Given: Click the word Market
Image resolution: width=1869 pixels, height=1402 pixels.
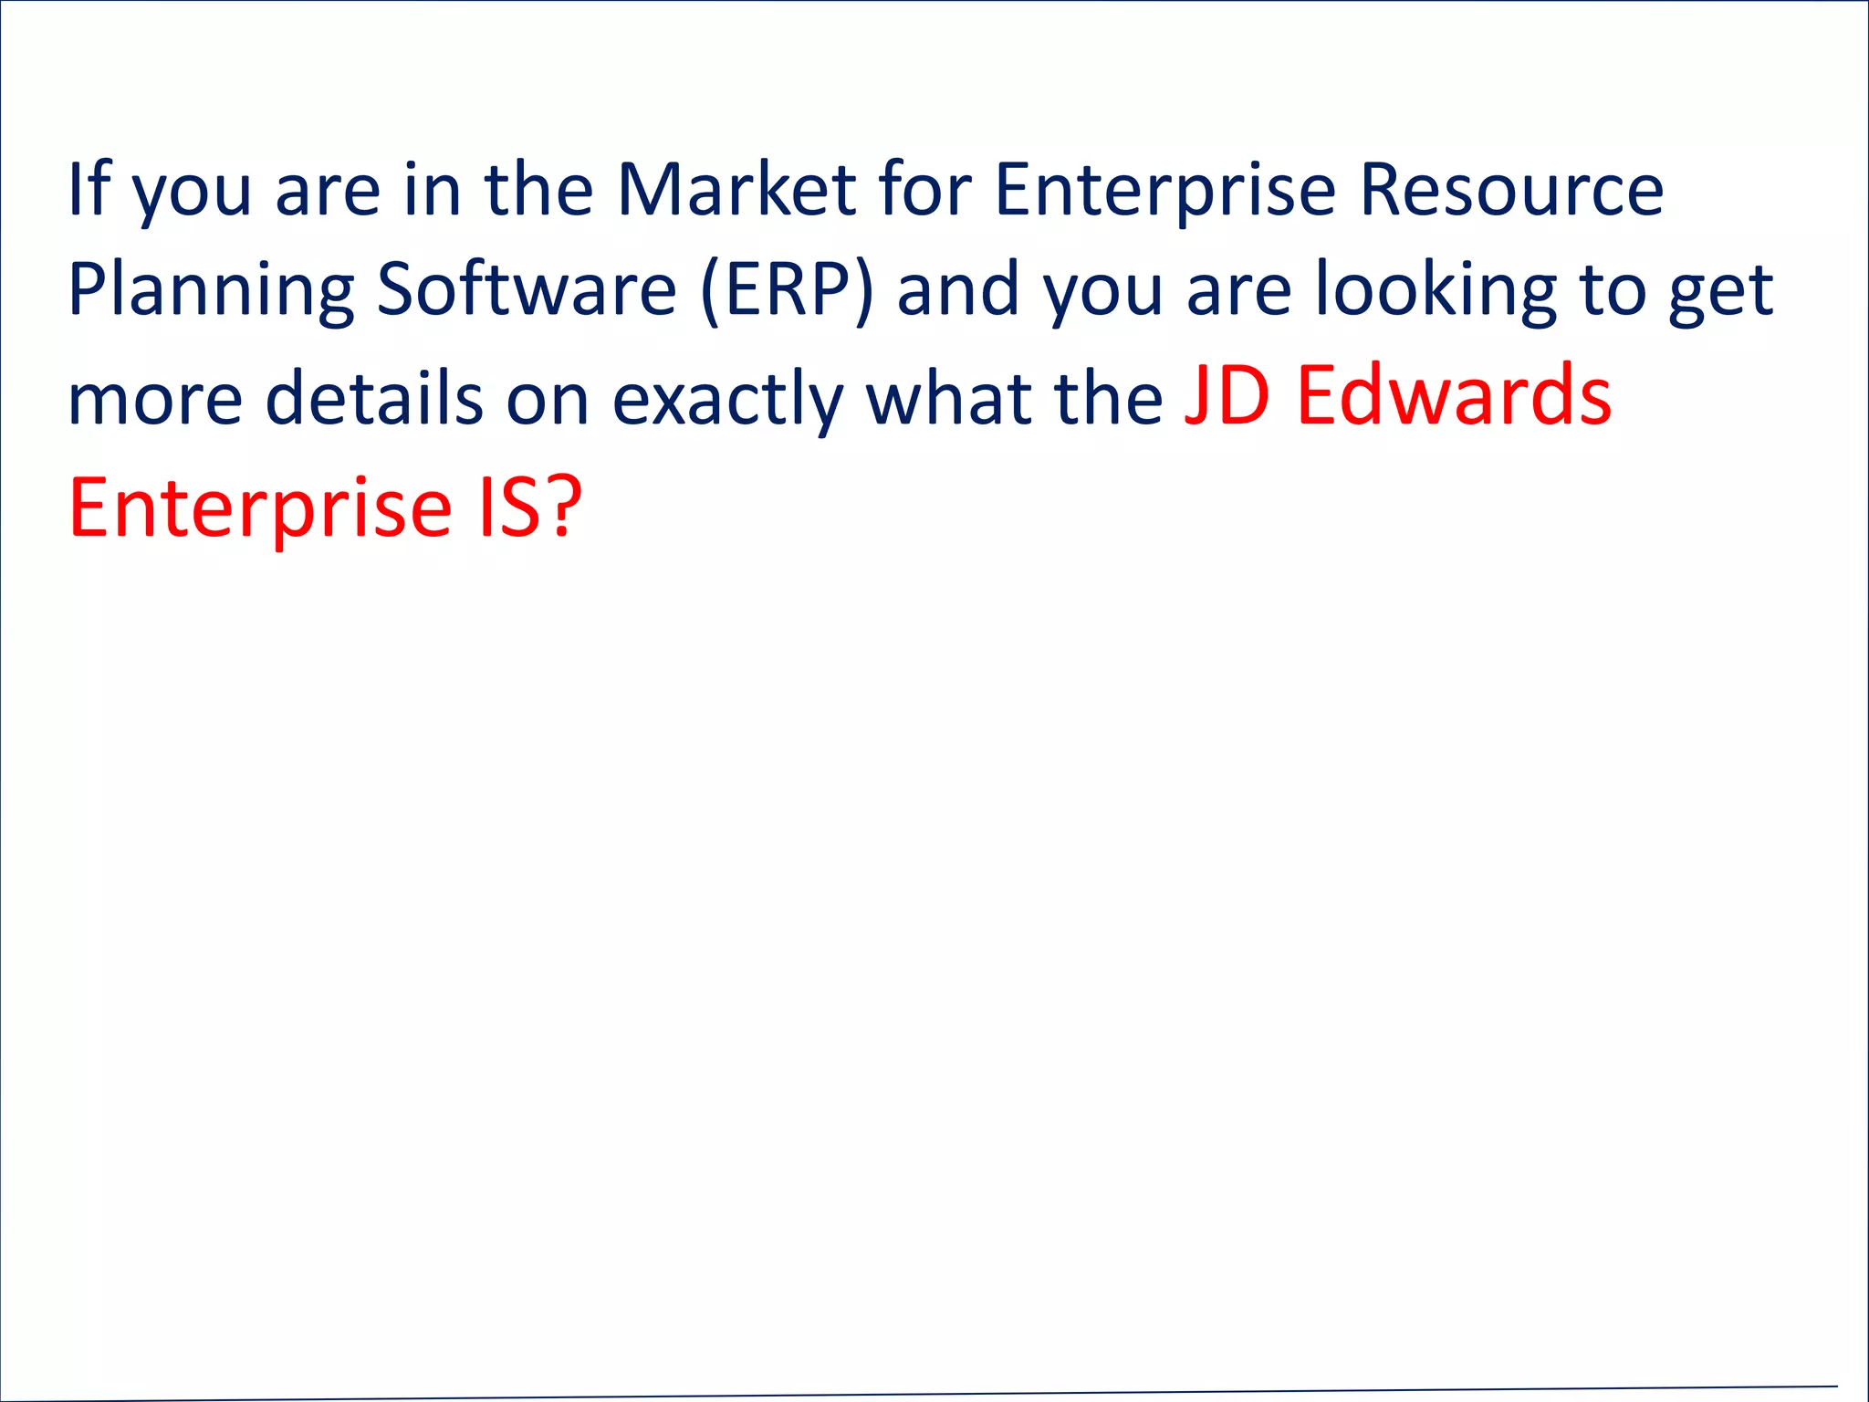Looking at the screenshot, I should pyautogui.click(x=736, y=190).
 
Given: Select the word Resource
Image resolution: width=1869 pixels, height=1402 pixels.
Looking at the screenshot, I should pyautogui.click(x=1511, y=190).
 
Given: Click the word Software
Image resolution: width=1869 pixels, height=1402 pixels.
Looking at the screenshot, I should pyautogui.click(x=527, y=290).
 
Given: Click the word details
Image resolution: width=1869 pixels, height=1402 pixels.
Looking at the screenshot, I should pyautogui.click(x=373, y=398).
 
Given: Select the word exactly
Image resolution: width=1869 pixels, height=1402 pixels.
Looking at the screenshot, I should pyautogui.click(x=727, y=400).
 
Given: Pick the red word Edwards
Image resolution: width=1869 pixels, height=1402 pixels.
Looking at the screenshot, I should pyautogui.click(x=1454, y=396).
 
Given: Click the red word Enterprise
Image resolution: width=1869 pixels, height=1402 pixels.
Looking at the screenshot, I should pyautogui.click(x=260, y=509).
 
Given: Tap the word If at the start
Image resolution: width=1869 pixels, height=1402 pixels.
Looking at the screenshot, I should pyautogui.click(x=89, y=190).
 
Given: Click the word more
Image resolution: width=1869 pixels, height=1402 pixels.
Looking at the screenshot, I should pyautogui.click(x=155, y=400).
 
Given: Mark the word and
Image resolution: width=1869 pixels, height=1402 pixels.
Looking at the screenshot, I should pyautogui.click(x=957, y=290).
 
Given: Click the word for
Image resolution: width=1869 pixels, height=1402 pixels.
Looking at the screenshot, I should pyautogui.click(x=924, y=190).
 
